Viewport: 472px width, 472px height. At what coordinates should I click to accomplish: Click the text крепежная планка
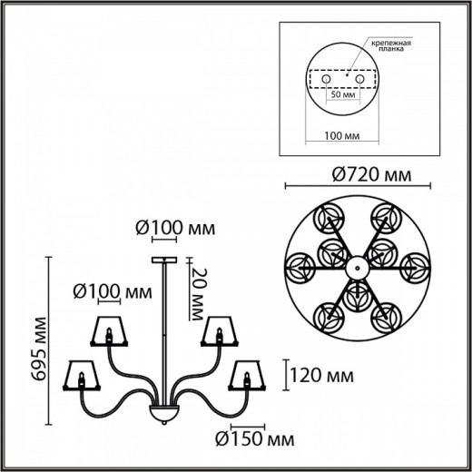tap(390, 49)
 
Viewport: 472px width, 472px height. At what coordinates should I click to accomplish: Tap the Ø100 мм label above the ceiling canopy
tap(176, 227)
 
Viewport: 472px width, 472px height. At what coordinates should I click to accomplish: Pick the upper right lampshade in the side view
tap(219, 332)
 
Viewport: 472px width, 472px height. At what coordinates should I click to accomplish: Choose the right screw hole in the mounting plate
tap(360, 80)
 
